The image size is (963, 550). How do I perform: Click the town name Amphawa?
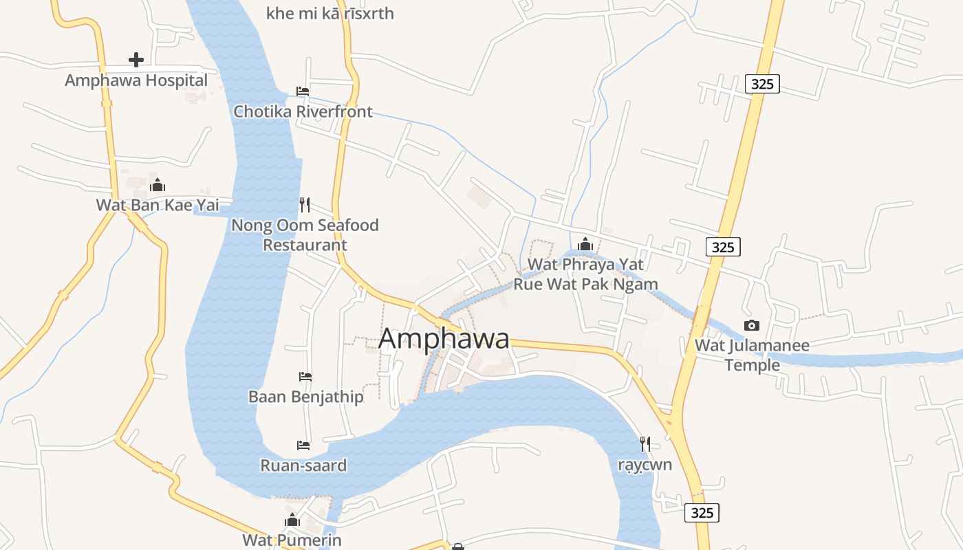444,338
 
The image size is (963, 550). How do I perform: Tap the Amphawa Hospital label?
136,80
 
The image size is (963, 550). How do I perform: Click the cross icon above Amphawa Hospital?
136,60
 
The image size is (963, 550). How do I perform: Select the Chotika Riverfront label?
303,111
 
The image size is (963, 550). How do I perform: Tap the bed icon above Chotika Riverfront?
303,91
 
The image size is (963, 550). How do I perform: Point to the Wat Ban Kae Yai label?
158,205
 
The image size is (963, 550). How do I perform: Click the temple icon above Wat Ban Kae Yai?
158,185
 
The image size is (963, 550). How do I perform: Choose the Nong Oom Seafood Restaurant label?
305,234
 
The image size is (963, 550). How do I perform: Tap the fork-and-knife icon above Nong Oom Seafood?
305,204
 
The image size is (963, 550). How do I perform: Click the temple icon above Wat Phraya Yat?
585,244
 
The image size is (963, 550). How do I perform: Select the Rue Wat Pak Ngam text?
585,284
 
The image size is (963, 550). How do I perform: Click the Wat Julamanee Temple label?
752,355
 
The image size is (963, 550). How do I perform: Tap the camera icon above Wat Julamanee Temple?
752,325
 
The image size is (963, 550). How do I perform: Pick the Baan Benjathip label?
305,397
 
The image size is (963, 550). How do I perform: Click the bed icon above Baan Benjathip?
305,376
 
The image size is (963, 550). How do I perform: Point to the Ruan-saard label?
303,465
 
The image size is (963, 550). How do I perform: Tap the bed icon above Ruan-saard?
303,445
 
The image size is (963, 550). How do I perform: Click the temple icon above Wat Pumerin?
292,520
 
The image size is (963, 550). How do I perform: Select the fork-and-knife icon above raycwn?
645,444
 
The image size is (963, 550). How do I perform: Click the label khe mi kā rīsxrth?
329,13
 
